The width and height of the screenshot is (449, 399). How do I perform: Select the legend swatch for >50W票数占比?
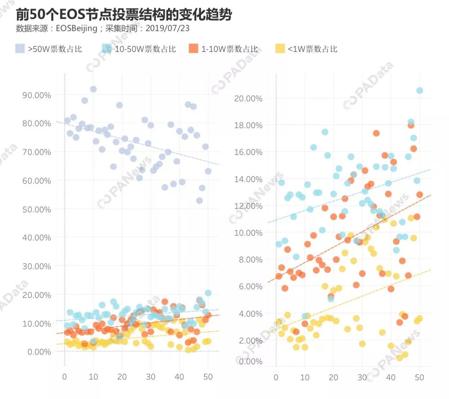20,49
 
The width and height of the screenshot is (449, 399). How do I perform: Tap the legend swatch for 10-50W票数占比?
107,49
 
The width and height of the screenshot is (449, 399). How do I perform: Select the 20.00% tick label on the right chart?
248,99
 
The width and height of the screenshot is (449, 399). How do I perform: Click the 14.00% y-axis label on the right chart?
248,179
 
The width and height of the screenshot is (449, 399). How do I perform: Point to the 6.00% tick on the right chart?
250,286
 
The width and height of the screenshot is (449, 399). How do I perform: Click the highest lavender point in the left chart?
93,89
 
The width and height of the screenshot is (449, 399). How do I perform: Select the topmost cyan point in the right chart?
419,90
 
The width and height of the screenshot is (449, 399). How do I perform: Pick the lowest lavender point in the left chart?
199,201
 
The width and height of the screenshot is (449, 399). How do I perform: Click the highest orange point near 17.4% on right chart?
376,133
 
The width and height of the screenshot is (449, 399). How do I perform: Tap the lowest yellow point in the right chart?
399,358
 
